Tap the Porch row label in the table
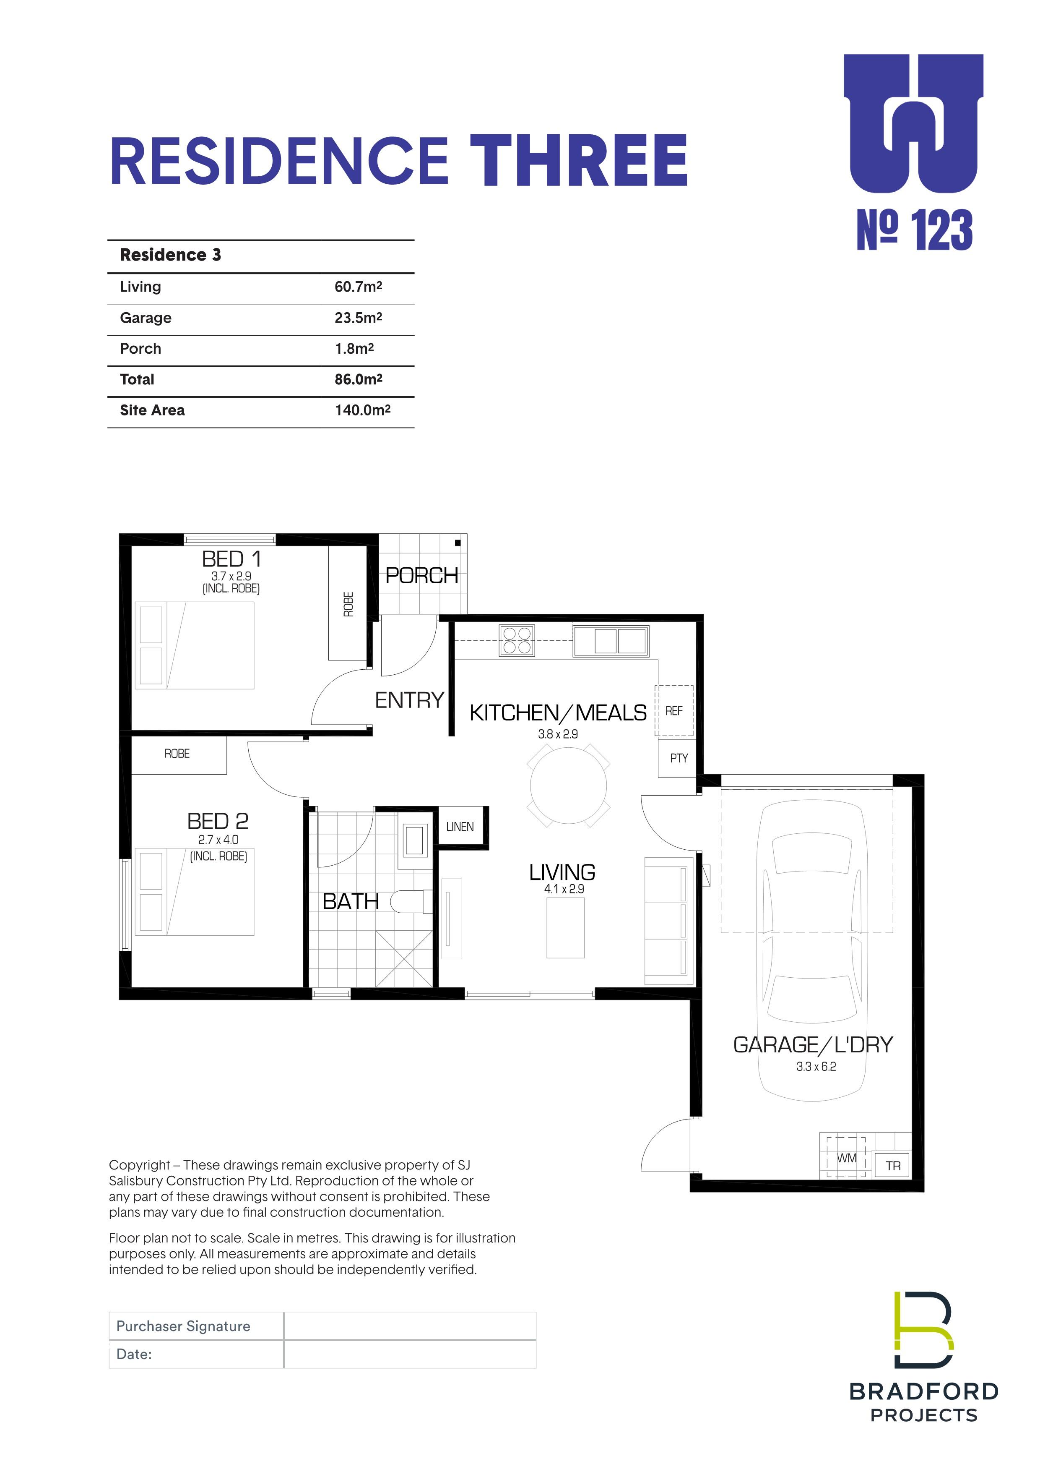pos(140,349)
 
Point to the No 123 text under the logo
pos(915,230)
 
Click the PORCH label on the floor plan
pos(421,576)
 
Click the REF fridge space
pos(674,710)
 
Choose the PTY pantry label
pos(679,758)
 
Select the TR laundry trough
pos(893,1166)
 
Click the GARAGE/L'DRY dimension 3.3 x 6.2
pos(816,1066)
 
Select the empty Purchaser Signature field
pos(409,1326)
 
